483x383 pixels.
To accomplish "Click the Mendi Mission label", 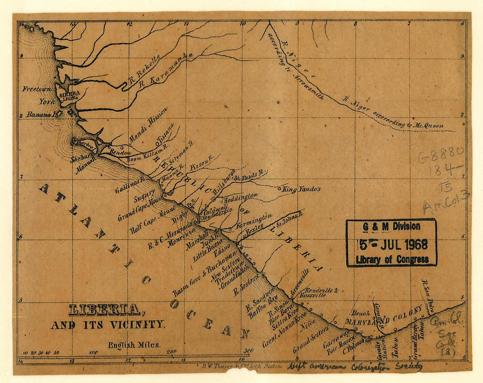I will click(148, 126).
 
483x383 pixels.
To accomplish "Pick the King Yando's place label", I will click(304, 190).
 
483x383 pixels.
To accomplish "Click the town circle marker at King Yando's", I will click(280, 188).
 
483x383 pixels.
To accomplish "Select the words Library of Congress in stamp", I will click(392, 259).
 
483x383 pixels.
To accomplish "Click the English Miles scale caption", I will click(134, 345).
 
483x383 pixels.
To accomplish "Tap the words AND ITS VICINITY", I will click(108, 325).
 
